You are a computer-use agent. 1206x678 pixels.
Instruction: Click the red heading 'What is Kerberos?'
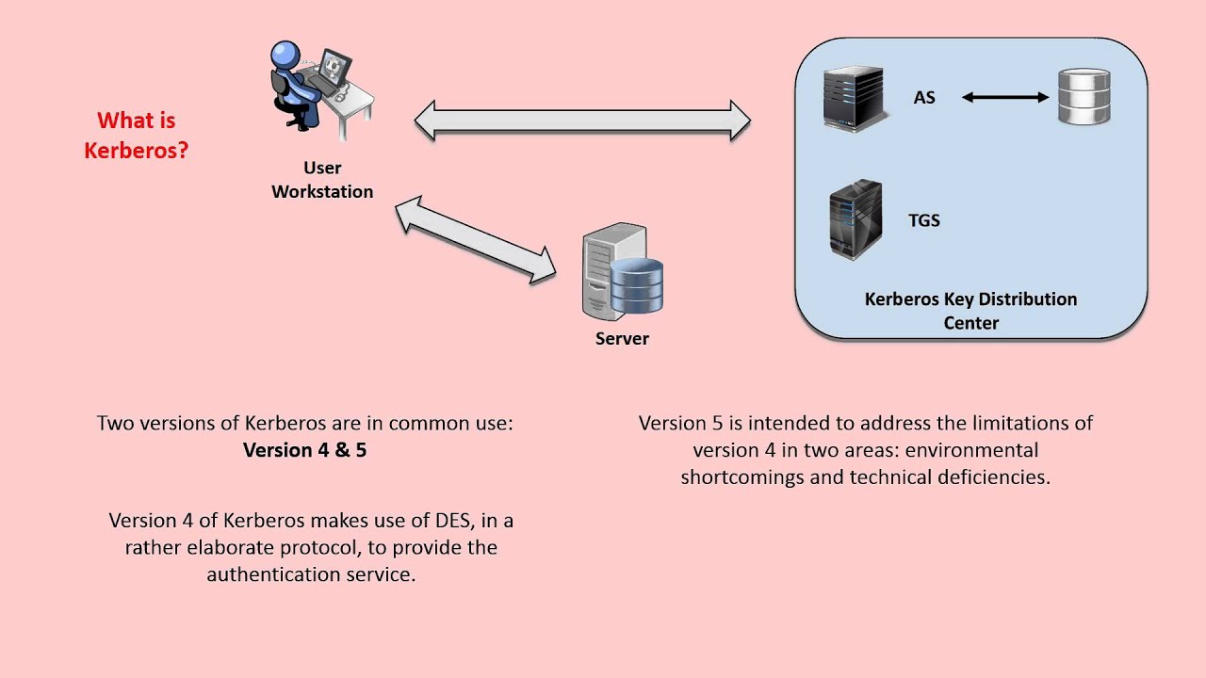[x=136, y=135]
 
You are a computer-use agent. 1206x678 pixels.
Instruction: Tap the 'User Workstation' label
[x=322, y=179]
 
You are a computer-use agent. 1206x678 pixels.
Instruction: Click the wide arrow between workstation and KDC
[x=582, y=120]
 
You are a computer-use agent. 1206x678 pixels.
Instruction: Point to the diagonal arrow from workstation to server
[x=476, y=240]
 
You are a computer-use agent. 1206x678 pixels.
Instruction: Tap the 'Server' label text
[x=622, y=339]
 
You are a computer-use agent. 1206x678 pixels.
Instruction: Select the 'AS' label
[x=924, y=97]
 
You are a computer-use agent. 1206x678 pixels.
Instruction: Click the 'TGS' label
[x=924, y=220]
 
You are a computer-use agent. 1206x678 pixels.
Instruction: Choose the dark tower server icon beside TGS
[x=855, y=220]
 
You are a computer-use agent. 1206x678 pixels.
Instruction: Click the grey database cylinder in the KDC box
[x=1084, y=97]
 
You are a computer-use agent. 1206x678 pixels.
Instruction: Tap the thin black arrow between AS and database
[x=1005, y=97]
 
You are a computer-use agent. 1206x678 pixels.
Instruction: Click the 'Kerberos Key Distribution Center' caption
[x=970, y=311]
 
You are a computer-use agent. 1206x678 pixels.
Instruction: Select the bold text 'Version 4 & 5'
[x=304, y=450]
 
